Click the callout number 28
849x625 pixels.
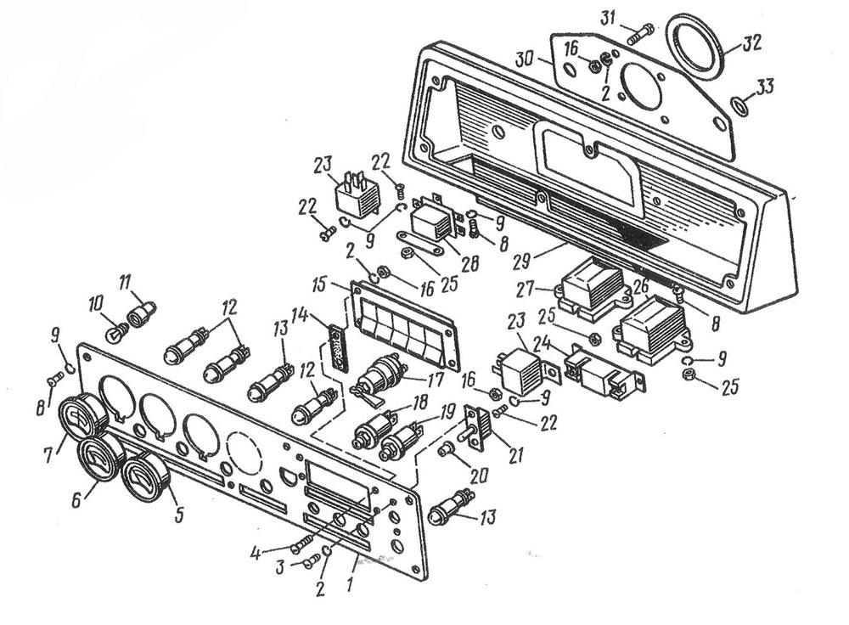coord(468,266)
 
